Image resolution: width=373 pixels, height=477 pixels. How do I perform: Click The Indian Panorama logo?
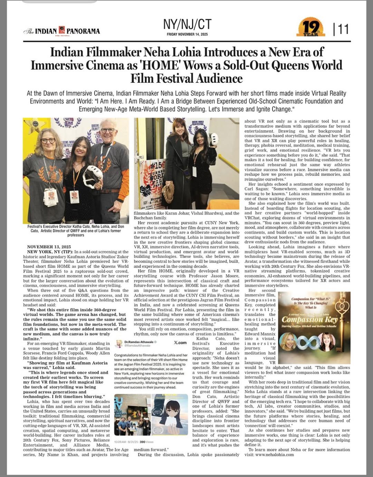click(x=62, y=31)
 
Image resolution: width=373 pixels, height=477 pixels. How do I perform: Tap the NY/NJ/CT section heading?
click(x=187, y=25)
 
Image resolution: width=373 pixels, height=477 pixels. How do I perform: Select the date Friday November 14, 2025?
click(x=187, y=34)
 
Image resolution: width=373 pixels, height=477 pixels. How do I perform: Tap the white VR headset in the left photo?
click(x=92, y=176)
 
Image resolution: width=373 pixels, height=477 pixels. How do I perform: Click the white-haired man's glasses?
click(x=108, y=130)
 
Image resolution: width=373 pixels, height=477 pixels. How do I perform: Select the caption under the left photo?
click(x=76, y=231)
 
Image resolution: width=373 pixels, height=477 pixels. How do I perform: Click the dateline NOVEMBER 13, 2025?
click(x=49, y=247)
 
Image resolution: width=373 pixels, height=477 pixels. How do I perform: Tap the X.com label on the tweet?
click(x=180, y=342)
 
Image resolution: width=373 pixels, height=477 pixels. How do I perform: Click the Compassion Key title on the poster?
click(x=309, y=319)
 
